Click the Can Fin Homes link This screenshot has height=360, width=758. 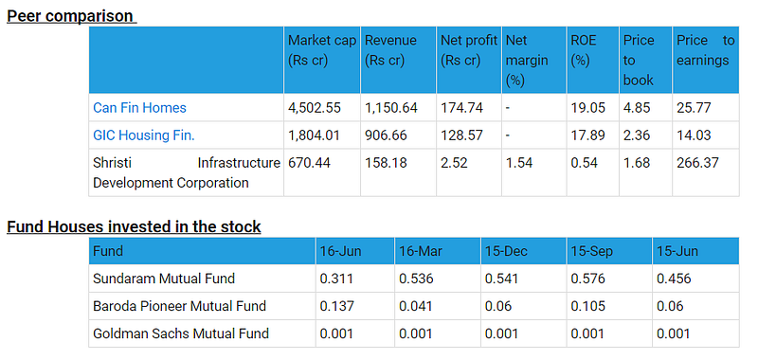139,107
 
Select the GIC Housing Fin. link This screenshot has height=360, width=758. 144,135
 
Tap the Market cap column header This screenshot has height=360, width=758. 322,50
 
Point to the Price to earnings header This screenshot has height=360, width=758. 705,50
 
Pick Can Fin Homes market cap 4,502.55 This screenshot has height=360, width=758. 315,107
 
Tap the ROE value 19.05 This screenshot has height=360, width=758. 587,107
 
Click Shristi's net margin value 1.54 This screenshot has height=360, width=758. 518,163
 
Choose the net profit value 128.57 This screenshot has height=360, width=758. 461,135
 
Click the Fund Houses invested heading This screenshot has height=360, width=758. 134,226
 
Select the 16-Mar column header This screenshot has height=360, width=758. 421,251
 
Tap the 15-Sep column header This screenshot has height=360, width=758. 591,251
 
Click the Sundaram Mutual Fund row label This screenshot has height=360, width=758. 163,279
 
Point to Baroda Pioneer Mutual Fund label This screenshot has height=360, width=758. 179,306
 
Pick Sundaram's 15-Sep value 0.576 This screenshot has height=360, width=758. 587,279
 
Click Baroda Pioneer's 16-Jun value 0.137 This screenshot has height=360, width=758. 336,306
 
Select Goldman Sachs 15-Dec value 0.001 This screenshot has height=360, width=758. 501,333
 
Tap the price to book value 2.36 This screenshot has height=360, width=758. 636,135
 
